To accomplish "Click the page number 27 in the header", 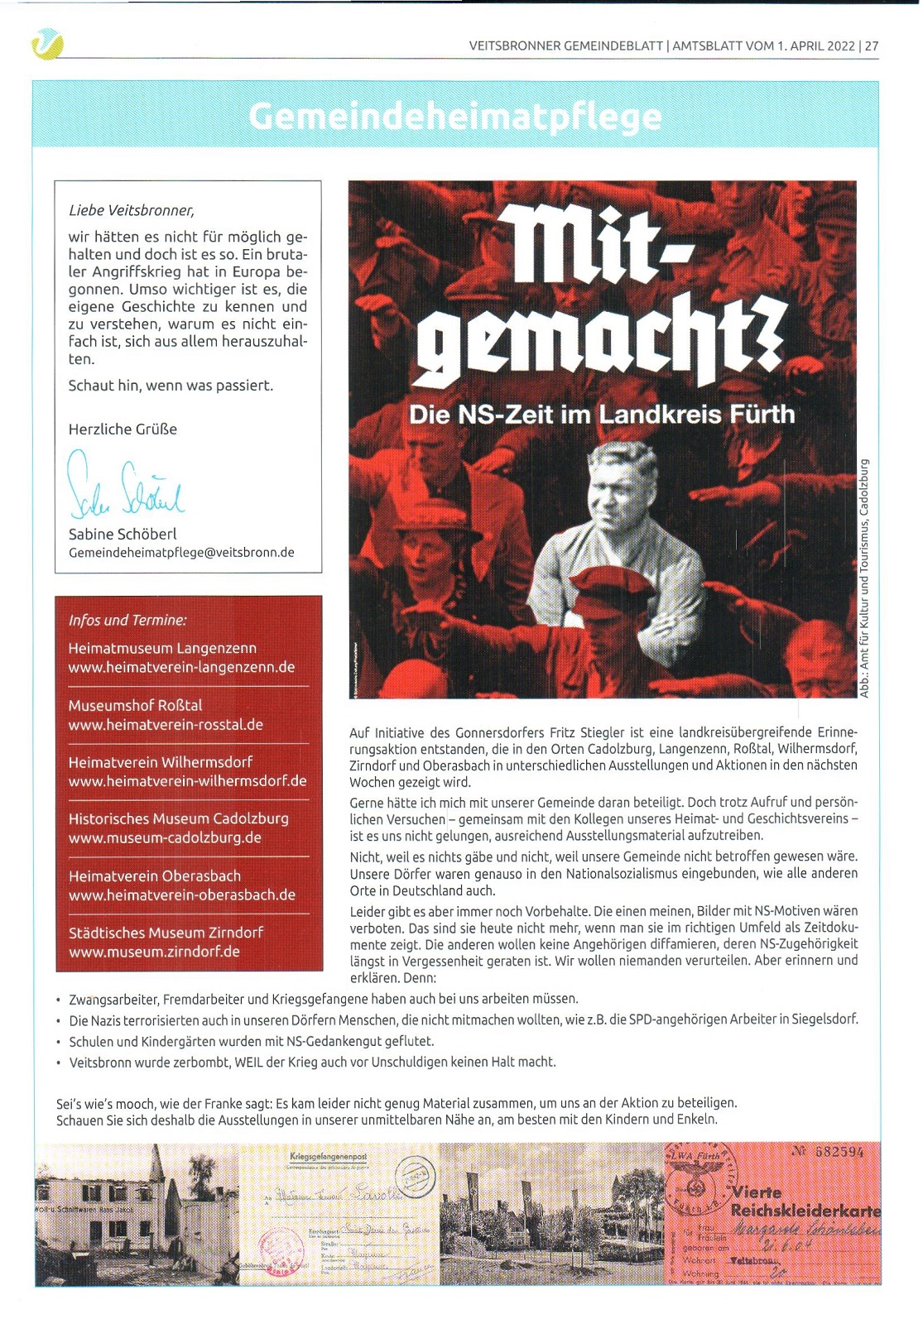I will [872, 46].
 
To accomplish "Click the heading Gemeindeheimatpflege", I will [454, 117].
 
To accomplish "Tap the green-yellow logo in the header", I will [46, 43].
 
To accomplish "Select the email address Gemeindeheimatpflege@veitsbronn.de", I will [181, 553].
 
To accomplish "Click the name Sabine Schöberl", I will [123, 534].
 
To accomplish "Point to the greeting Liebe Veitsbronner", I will [132, 210].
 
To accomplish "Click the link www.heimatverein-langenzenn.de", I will [181, 667].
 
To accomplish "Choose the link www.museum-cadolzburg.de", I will [165, 837].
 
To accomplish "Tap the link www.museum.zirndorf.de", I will [154, 952].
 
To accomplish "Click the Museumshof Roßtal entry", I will [135, 705].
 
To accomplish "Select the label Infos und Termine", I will [127, 620].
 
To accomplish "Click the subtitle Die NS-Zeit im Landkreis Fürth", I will [602, 414].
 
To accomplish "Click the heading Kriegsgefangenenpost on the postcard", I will [329, 1156].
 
